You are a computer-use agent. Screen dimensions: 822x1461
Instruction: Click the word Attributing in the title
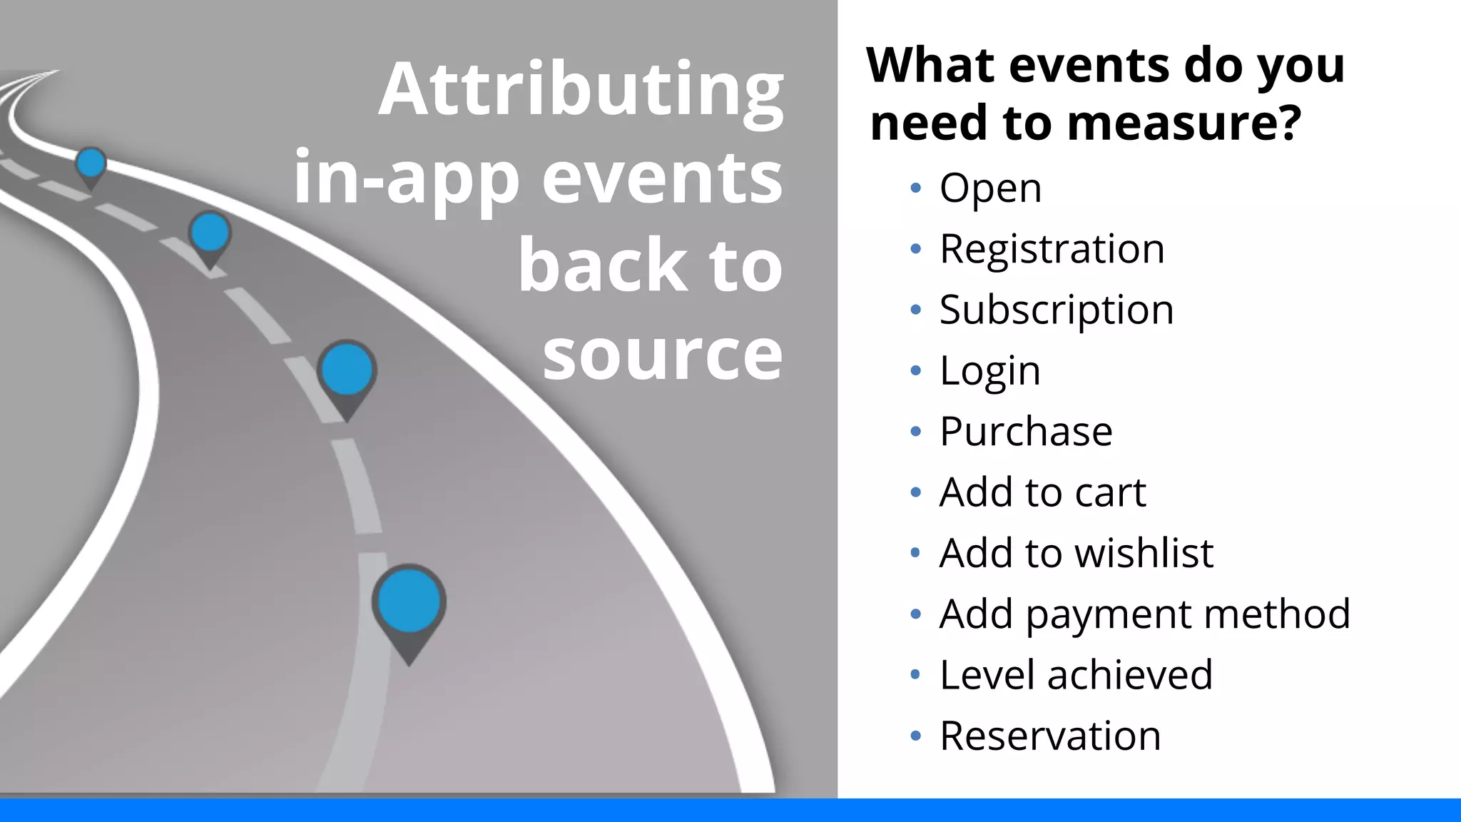pos(581,90)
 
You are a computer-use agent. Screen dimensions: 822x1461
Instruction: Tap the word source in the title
pos(662,355)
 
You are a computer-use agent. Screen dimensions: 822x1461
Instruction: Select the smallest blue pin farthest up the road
pos(91,163)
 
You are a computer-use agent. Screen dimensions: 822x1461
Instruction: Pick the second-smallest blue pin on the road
pos(210,233)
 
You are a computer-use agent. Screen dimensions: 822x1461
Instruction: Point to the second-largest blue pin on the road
pos(347,370)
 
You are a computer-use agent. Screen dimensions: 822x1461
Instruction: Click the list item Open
pos(990,188)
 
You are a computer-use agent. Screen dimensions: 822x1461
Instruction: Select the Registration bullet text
pos(1052,249)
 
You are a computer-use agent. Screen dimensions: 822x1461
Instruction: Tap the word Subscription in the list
pos(1056,310)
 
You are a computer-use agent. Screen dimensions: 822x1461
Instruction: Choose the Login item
pos(989,371)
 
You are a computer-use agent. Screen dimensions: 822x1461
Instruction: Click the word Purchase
pos(1026,432)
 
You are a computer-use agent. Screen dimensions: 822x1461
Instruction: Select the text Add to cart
pos(1042,492)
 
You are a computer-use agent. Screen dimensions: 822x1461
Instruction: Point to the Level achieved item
pos(1076,675)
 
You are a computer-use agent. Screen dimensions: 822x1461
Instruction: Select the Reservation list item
pos(1050,736)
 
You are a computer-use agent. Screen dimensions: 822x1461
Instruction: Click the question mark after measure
pos(1288,122)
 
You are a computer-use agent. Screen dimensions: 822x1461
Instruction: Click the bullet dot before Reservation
pos(916,736)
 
